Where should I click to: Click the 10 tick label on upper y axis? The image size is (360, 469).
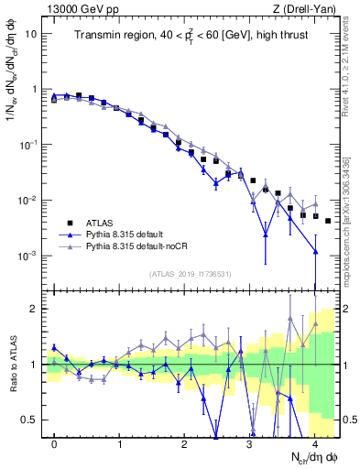click(x=31, y=34)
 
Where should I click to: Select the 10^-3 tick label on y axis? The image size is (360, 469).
click(x=29, y=256)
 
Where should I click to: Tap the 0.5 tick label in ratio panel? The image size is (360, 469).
click(x=29, y=420)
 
